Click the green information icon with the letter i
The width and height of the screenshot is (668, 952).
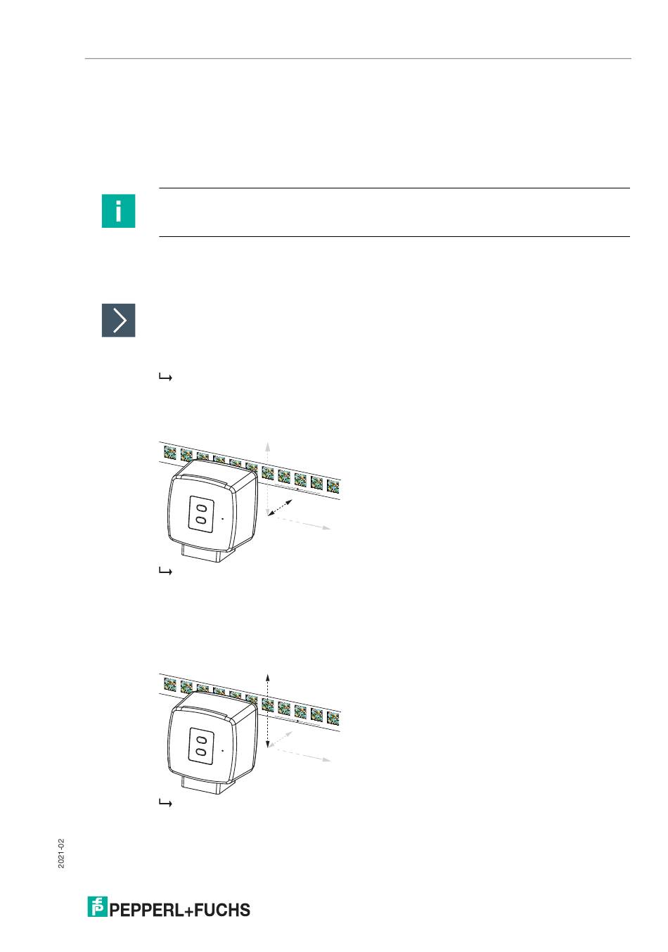118,211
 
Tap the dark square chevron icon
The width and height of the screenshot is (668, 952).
118,320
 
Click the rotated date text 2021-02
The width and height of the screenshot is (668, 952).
61,853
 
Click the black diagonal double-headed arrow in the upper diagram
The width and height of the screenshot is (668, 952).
280,508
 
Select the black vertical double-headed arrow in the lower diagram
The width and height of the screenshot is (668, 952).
267,710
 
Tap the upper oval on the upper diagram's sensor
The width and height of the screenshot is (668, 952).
201,508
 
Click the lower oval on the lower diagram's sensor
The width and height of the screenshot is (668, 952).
200,752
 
